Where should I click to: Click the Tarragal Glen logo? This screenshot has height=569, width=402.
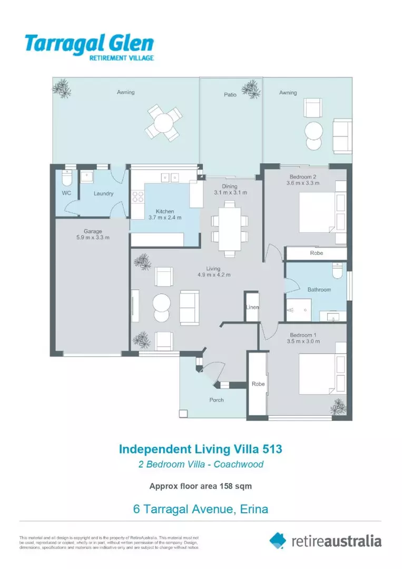[90, 47]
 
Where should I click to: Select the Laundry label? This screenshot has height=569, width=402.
[103, 193]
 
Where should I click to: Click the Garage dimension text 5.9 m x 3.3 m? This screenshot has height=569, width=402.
[92, 238]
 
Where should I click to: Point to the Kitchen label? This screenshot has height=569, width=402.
[164, 211]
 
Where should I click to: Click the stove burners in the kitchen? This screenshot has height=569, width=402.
[138, 197]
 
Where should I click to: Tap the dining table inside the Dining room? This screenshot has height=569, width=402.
[230, 228]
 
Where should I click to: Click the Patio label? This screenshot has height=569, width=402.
[230, 95]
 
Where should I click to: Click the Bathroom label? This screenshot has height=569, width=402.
[319, 290]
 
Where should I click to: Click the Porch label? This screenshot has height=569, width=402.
[217, 400]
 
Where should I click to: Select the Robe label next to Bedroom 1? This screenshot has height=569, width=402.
[258, 384]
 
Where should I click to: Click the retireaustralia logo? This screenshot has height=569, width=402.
[326, 541]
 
